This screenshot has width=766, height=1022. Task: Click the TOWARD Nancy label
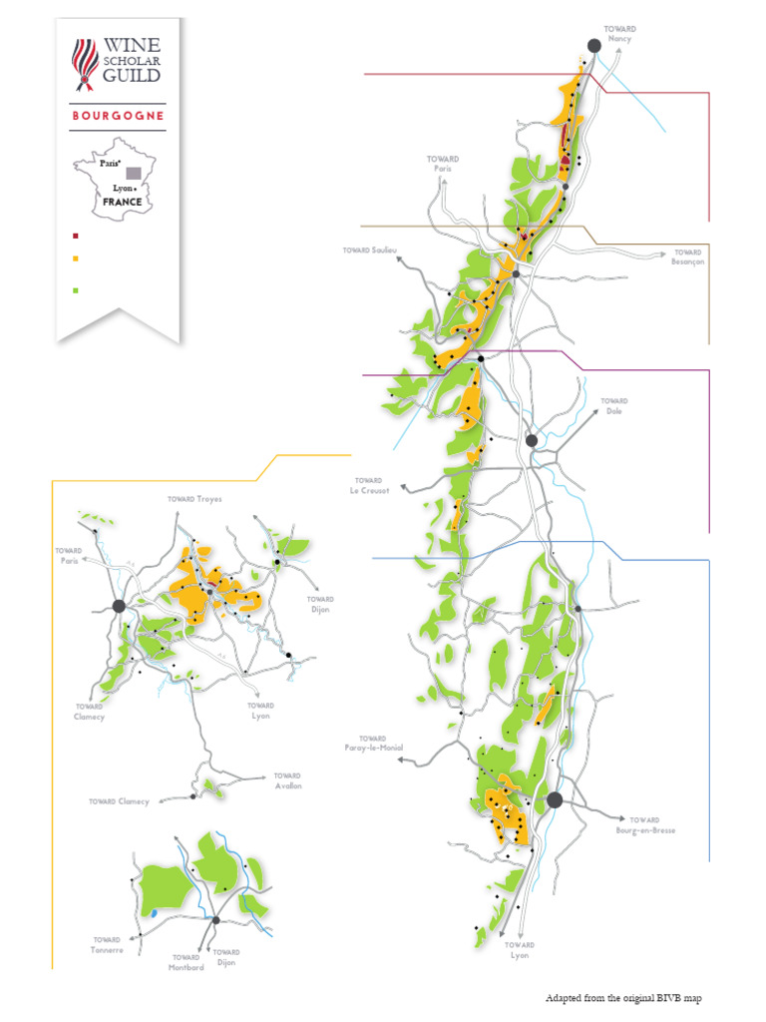click(620, 34)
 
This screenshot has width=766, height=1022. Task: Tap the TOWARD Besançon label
click(687, 256)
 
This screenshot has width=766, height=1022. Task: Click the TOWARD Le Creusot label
click(368, 485)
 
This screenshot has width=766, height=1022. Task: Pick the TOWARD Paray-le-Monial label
click(372, 744)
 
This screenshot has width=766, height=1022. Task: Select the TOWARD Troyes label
click(194, 498)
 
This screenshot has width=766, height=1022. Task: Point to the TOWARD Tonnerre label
click(108, 945)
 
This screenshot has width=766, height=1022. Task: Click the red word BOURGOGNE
click(118, 116)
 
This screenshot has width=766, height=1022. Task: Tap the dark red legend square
click(76, 237)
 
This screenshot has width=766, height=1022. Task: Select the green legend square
click(76, 290)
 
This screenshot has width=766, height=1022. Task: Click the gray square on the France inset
click(133, 173)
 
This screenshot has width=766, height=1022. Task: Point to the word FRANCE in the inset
click(122, 202)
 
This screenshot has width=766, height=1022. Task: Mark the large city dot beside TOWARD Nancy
click(593, 45)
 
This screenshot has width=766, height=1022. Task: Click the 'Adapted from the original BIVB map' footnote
click(629, 997)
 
